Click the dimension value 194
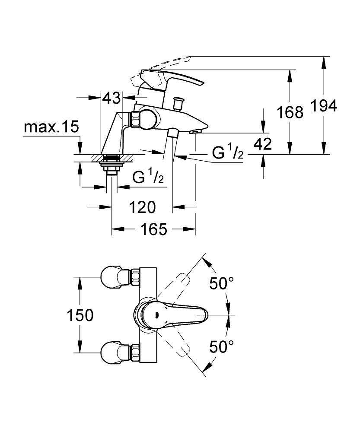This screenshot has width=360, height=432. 323,106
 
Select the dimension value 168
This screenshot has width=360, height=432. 290,112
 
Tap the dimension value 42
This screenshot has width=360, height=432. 262,144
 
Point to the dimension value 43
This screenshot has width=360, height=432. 111,98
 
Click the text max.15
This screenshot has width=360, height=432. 51,127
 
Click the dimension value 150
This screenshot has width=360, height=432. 80,315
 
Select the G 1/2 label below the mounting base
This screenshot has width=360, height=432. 148,178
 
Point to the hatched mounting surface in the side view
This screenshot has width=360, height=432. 113,158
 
